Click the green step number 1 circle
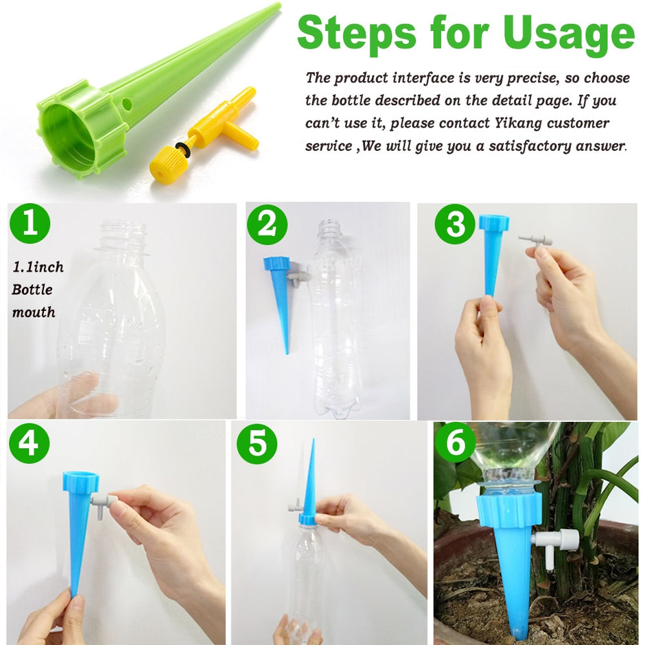pos(30,224)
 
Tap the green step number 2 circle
pos(267,224)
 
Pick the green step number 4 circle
pos(30,443)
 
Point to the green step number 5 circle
pos(257,443)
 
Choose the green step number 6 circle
pos(456,443)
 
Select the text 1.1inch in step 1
pos(38,267)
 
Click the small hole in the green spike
pos(127,104)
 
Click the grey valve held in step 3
pos(536,239)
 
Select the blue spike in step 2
pos(281,295)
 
